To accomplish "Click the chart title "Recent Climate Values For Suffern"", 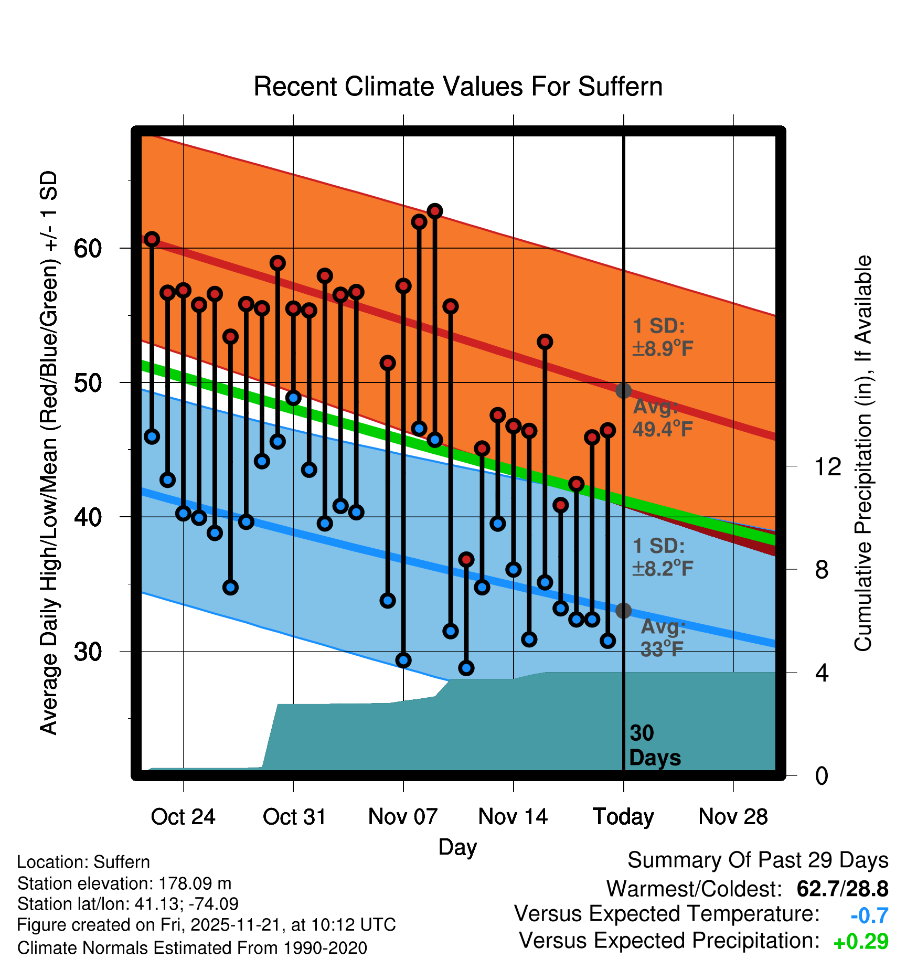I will tap(457, 87).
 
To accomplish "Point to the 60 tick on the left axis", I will tap(88, 248).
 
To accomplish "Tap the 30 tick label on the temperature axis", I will tap(88, 652).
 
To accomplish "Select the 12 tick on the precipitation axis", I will tap(827, 466).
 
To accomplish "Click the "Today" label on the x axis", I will tap(623, 817).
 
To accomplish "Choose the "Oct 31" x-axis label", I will tap(294, 817).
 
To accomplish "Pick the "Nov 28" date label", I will tap(733, 817).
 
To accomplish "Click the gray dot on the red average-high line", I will tap(623, 390).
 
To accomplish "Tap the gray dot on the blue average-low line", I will tap(623, 611).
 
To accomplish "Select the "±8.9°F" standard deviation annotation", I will tap(663, 348).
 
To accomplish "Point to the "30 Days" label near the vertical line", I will tap(654, 745).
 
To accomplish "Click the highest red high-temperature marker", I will tap(435, 211).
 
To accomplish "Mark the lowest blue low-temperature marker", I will tap(466, 668).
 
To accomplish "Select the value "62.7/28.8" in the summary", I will tap(842, 889).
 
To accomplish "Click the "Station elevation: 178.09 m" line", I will tap(124, 883).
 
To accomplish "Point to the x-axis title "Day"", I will tap(457, 847).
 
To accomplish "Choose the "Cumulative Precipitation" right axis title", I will tap(863, 453).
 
